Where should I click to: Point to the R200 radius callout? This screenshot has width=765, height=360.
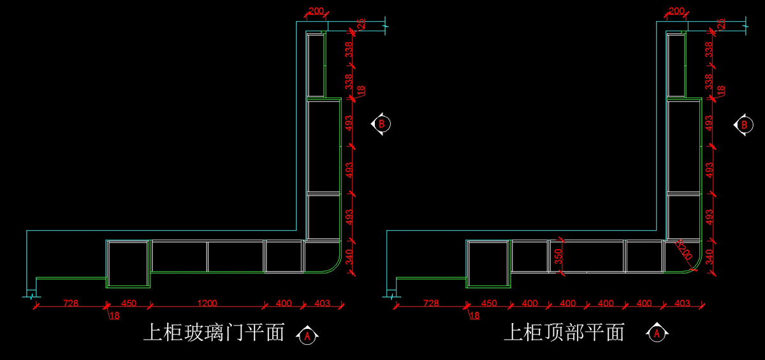pyautogui.click(x=684, y=252)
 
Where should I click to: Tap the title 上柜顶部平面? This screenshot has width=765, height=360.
pyautogui.click(x=564, y=333)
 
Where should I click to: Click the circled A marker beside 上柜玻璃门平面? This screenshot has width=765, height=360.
pyautogui.click(x=308, y=335)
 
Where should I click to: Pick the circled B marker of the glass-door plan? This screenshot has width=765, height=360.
pyautogui.click(x=381, y=124)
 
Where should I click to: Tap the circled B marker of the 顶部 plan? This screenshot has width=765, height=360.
pyautogui.click(x=743, y=124)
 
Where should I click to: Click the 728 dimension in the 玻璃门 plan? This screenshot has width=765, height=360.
pyautogui.click(x=70, y=303)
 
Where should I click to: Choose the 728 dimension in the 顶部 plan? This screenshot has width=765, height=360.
pyautogui.click(x=431, y=303)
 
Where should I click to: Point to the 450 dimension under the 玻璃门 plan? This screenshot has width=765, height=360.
pyautogui.click(x=129, y=303)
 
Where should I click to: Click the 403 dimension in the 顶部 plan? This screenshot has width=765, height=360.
pyautogui.click(x=682, y=303)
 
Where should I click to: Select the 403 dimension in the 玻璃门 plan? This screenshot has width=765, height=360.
pyautogui.click(x=322, y=303)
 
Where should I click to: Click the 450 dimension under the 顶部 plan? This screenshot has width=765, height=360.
pyautogui.click(x=489, y=303)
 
